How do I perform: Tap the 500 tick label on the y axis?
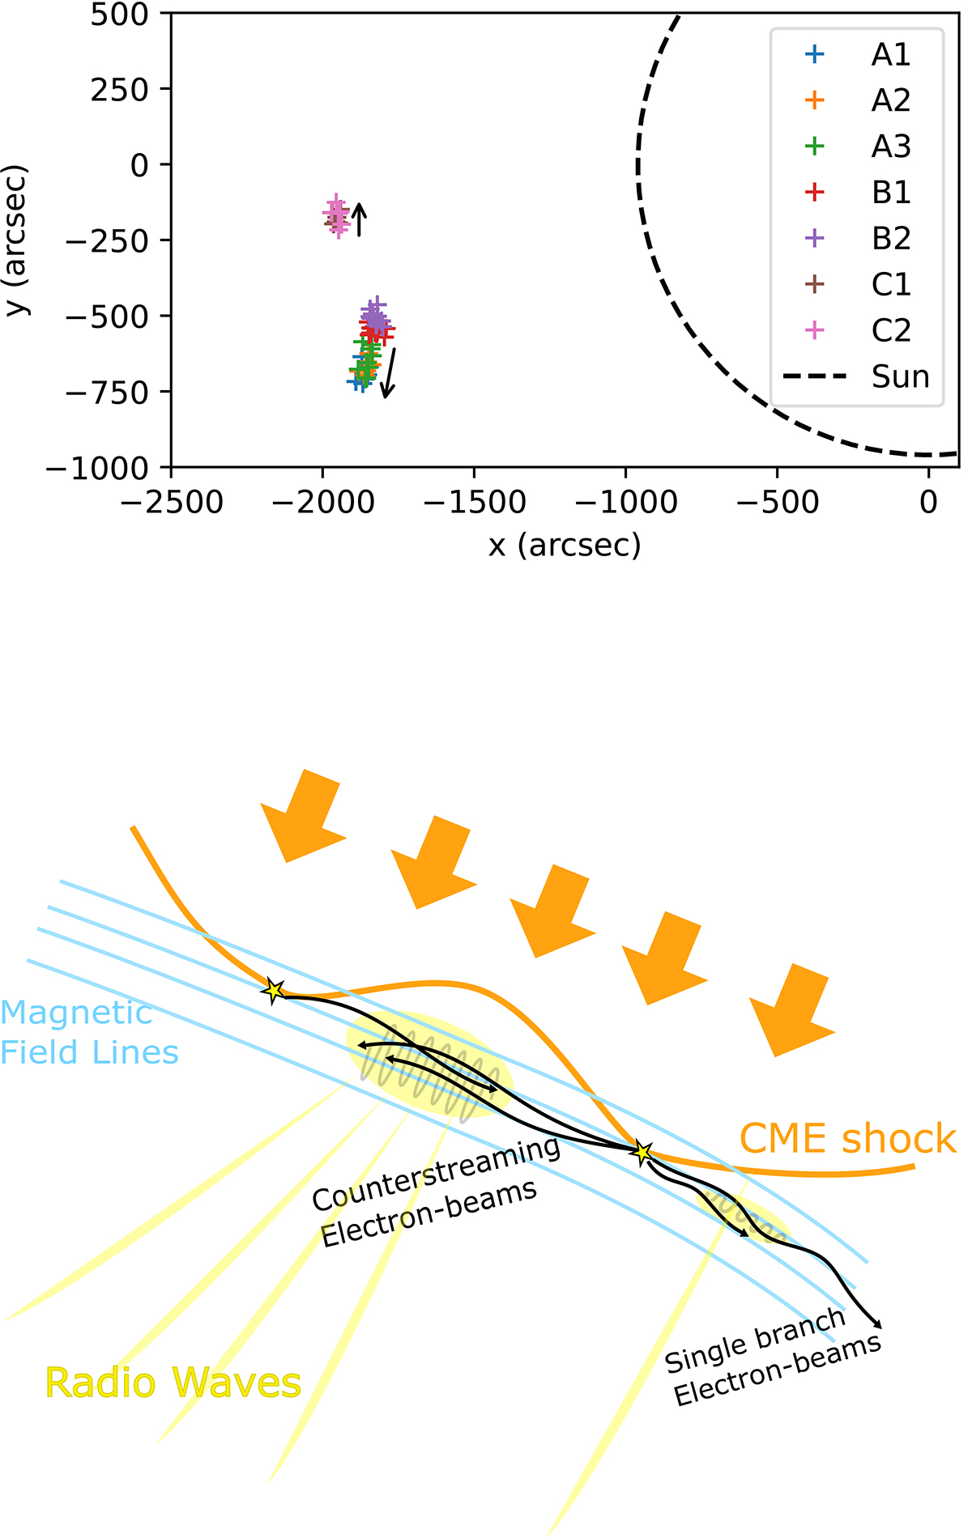click(x=119, y=15)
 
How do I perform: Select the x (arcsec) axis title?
click(x=565, y=546)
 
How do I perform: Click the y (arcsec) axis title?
click(x=16, y=240)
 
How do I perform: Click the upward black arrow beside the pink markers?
click(x=360, y=219)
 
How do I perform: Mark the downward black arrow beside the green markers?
click(x=390, y=372)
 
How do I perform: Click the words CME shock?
click(x=847, y=1139)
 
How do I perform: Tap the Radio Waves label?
click(x=173, y=1383)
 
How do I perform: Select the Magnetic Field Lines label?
click(x=87, y=1033)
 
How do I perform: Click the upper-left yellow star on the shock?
click(x=274, y=990)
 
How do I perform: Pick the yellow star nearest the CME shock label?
click(x=642, y=1152)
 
